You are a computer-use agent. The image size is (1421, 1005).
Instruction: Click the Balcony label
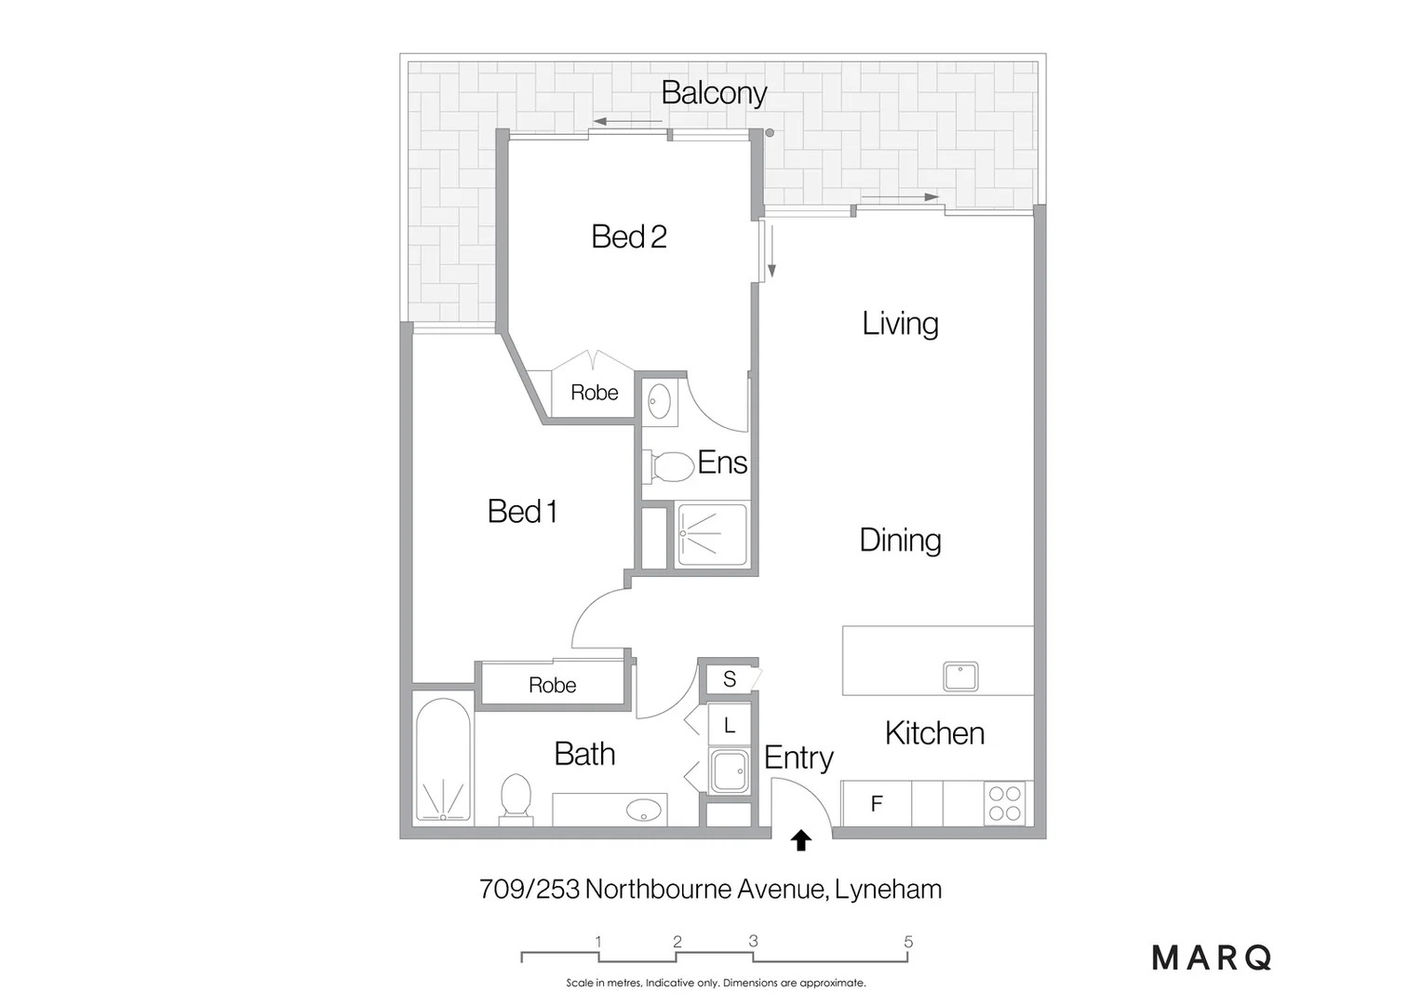tap(714, 93)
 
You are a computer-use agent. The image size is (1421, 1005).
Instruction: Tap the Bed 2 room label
tap(629, 236)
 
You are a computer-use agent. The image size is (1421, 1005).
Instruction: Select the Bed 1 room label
tap(522, 511)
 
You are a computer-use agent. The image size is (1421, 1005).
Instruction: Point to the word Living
tap(900, 324)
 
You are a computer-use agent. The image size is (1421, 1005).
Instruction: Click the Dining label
tap(900, 540)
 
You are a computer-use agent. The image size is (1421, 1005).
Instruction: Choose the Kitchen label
tap(934, 733)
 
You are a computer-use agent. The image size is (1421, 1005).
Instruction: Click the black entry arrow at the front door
tap(800, 841)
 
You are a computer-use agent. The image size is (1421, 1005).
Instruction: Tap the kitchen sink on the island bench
tap(960, 676)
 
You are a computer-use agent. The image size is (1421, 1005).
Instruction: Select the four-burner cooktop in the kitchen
tap(1005, 804)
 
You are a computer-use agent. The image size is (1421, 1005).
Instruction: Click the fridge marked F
tap(876, 804)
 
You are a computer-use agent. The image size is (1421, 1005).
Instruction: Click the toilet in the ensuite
tap(670, 466)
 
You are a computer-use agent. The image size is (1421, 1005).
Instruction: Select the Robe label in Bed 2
tap(594, 393)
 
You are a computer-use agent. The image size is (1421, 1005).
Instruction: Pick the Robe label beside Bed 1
tap(552, 686)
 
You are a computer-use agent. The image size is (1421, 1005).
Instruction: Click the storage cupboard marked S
tap(730, 679)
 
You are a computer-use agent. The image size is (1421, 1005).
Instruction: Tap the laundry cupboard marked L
tap(730, 725)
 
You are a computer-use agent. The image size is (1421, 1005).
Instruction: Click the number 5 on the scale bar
tap(908, 942)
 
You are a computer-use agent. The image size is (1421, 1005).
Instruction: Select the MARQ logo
tap(1212, 958)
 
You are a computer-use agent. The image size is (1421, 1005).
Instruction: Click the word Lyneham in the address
tap(888, 890)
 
